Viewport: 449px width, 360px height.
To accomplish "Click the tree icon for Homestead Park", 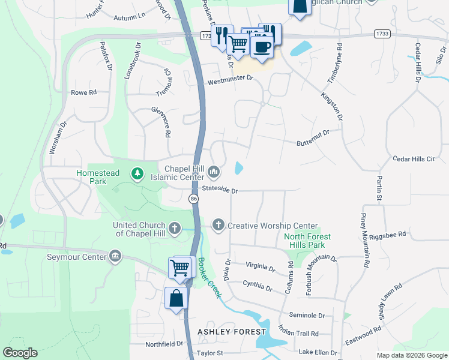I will tap(138, 173).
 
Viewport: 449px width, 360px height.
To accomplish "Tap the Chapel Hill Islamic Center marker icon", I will tap(213, 173).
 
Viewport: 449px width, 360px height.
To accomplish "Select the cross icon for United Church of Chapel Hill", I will tap(175, 228).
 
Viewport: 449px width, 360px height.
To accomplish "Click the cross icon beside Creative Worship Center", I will tap(218, 225).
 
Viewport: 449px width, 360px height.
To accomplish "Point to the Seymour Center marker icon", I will tap(115, 257).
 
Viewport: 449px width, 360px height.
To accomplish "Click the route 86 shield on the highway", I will tap(193, 199).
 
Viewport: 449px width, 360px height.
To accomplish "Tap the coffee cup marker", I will tap(262, 46).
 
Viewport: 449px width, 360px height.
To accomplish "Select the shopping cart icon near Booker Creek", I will tap(179, 268).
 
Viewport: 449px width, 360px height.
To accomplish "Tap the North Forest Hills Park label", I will tap(307, 241).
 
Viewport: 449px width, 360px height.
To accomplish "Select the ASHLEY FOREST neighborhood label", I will tap(231, 332).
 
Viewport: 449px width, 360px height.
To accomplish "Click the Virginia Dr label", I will tap(260, 268).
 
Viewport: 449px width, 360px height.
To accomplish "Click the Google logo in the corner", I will tap(20, 352).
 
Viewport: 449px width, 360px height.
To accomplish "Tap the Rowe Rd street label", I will tap(83, 92).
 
